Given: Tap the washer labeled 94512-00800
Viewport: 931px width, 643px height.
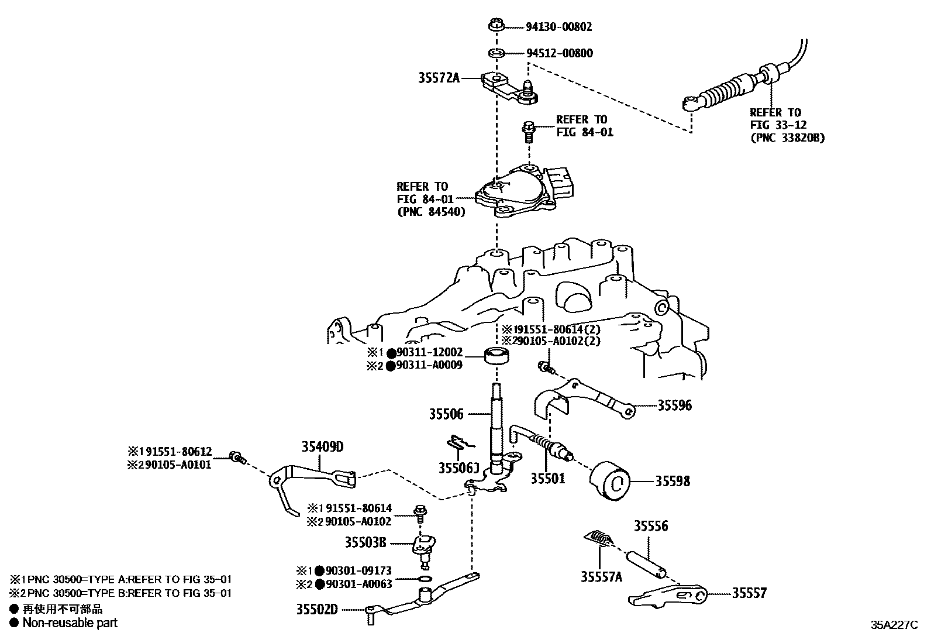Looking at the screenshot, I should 497,54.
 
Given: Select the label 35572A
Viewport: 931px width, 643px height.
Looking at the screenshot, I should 439,77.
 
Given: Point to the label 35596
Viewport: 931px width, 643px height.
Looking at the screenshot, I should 674,405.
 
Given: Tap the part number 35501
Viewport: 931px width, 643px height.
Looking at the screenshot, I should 548,478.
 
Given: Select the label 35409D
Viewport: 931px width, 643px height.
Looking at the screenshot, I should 322,447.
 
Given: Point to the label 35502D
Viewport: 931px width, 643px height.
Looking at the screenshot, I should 318,609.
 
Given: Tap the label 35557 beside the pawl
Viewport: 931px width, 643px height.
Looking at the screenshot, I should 749,593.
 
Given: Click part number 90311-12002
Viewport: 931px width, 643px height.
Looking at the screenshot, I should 430,352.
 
